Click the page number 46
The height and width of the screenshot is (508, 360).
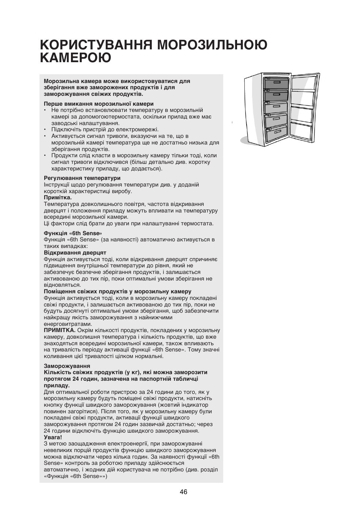(183, 492)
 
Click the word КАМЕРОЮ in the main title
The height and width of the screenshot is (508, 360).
(76, 58)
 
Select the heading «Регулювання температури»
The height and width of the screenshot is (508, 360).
(82, 178)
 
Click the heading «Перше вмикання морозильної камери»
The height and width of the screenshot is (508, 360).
(98, 104)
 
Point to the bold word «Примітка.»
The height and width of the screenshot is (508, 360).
(57, 197)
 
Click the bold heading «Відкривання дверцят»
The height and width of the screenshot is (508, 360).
(75, 253)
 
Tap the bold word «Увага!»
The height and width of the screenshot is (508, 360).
(53, 437)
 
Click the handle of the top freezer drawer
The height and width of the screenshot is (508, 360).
(277, 83)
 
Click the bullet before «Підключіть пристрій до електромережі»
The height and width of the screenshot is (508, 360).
(45, 130)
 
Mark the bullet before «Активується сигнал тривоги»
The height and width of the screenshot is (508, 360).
(45, 136)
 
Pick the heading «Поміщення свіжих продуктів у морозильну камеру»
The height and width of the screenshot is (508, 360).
(117, 292)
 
